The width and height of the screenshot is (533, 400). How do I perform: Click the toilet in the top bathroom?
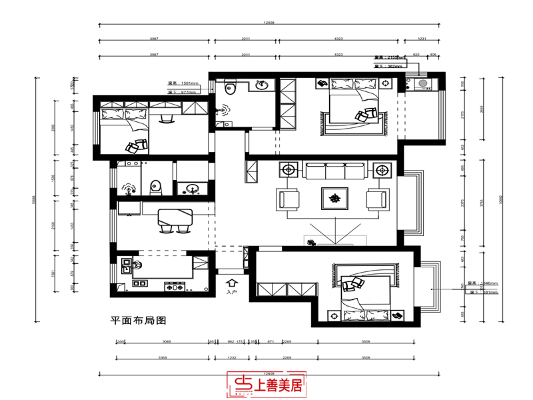(x=231, y=87)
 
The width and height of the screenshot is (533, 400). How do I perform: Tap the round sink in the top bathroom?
(x=262, y=85)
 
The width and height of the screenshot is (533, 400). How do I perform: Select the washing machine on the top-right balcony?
(x=422, y=83)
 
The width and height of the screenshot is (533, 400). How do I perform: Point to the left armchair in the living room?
(x=289, y=199)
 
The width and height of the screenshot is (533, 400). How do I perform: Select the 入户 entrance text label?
(x=231, y=292)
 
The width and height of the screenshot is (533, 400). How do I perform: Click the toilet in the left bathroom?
(x=156, y=186)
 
